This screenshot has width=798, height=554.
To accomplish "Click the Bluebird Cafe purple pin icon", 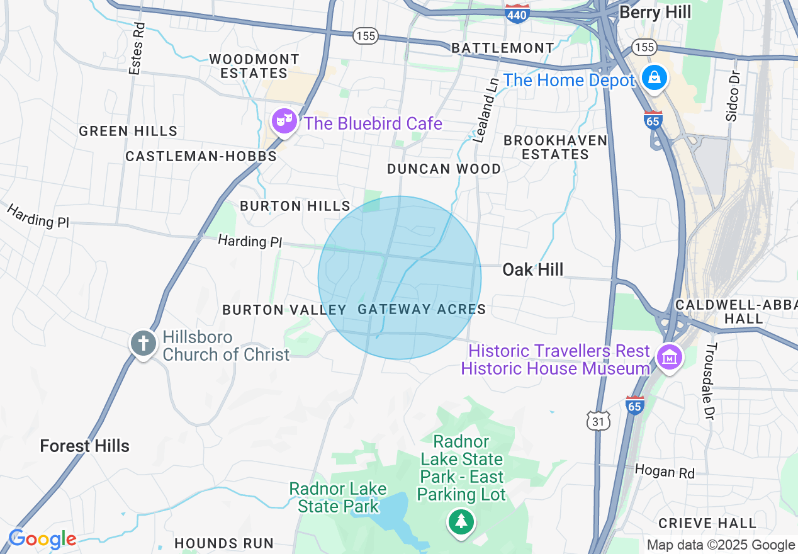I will click(284, 120).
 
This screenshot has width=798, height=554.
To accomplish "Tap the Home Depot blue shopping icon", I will click(655, 78).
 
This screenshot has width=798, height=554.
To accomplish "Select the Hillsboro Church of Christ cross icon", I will click(143, 344).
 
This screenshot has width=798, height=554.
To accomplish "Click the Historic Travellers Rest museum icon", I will click(669, 358).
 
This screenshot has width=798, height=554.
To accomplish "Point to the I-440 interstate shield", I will click(517, 14).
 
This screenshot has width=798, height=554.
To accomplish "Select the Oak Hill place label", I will click(532, 270).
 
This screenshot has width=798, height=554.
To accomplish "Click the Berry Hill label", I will click(655, 12).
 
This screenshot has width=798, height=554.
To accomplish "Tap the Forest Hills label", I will click(84, 446).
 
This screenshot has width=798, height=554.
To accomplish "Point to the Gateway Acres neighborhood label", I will click(422, 309).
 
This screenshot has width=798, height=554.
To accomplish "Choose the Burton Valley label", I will click(284, 310).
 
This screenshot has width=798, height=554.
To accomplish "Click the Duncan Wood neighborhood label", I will click(444, 169).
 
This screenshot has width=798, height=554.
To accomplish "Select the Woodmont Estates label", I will click(254, 66).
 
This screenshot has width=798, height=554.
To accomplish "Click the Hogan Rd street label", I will click(664, 471).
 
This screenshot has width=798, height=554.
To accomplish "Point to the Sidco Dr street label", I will click(732, 97).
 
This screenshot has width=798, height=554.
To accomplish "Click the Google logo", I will click(42, 540).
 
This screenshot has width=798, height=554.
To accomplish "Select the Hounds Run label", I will click(223, 543).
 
